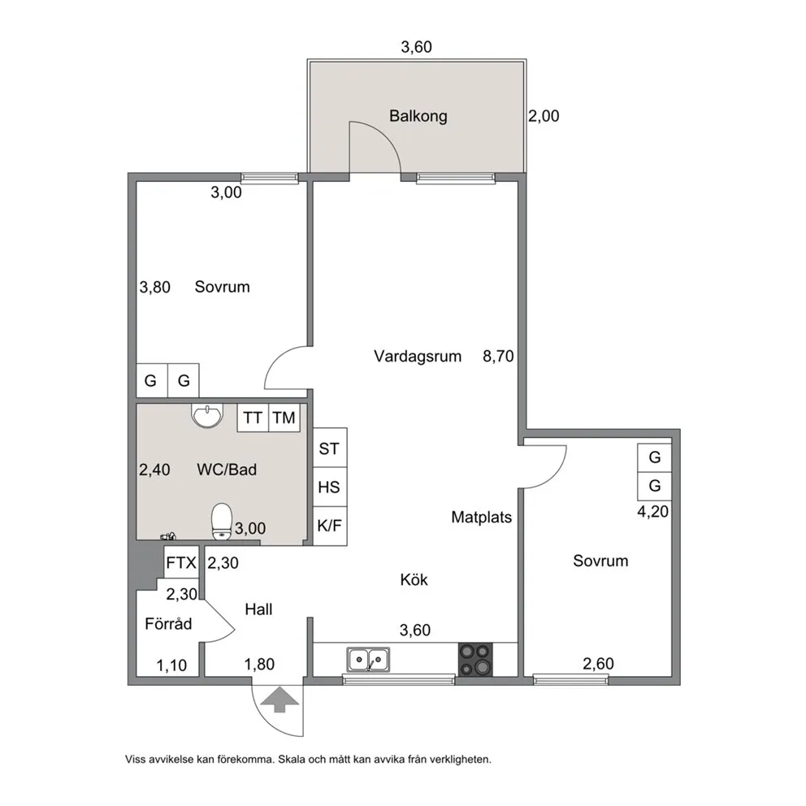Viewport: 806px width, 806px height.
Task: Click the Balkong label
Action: click(418, 116)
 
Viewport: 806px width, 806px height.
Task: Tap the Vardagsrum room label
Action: click(418, 356)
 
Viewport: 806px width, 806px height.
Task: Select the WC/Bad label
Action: click(227, 470)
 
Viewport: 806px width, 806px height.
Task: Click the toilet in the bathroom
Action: click(221, 522)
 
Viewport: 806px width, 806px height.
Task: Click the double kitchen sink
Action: click(367, 659)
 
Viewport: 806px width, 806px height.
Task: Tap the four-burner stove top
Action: click(475, 660)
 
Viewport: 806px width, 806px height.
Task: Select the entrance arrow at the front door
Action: click(279, 699)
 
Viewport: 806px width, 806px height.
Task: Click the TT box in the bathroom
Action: click(253, 418)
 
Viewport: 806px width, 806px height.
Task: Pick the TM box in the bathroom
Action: click(284, 418)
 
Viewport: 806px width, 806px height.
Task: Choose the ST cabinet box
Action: click(329, 448)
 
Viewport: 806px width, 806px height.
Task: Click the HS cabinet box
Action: click(329, 487)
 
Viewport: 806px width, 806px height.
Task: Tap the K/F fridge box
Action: click(329, 526)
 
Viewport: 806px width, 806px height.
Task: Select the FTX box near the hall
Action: click(181, 562)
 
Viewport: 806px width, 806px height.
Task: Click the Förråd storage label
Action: click(168, 624)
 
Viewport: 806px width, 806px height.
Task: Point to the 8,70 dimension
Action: click(497, 356)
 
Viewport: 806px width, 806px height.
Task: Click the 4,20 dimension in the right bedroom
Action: click(653, 513)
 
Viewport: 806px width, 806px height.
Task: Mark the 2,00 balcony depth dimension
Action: click(544, 116)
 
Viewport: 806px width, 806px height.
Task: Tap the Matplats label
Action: click(482, 517)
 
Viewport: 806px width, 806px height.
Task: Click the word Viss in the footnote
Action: click(137, 760)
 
